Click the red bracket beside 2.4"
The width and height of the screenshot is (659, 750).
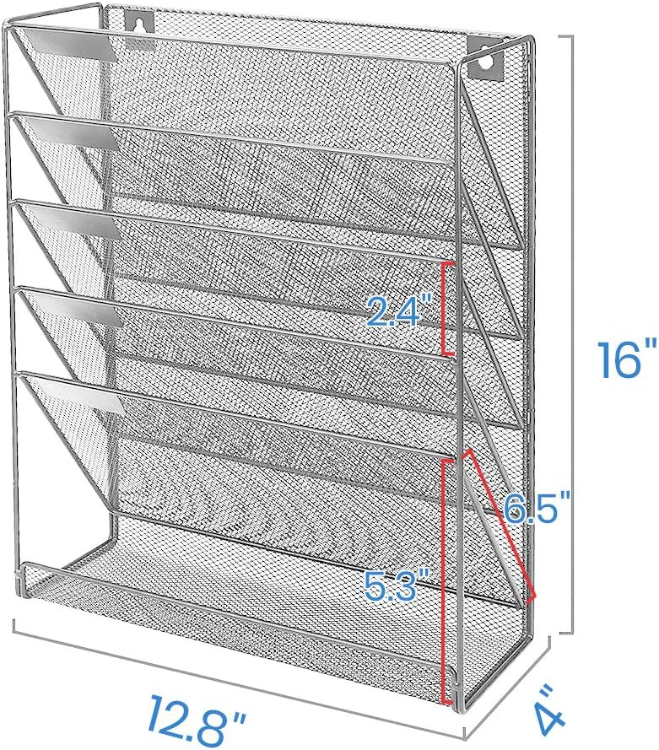446,307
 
